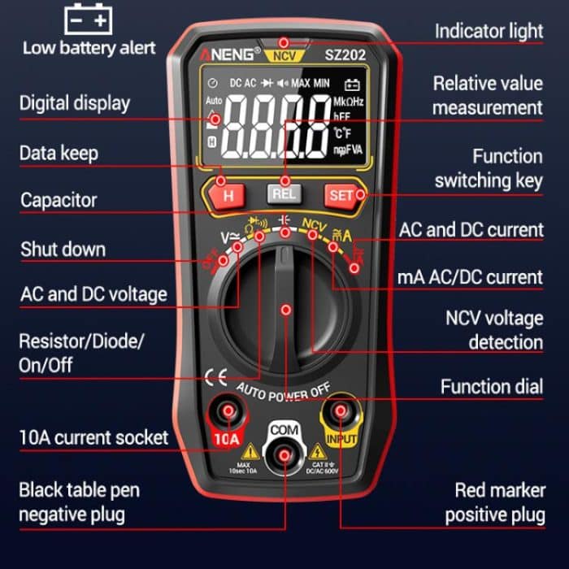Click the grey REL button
(284, 194)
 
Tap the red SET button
(341, 195)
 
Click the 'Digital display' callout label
(74, 103)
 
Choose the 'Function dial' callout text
(491, 386)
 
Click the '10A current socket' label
(93, 437)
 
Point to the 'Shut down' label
(63, 248)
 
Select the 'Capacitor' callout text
(59, 199)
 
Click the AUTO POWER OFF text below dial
(284, 391)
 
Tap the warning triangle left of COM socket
(250, 450)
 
